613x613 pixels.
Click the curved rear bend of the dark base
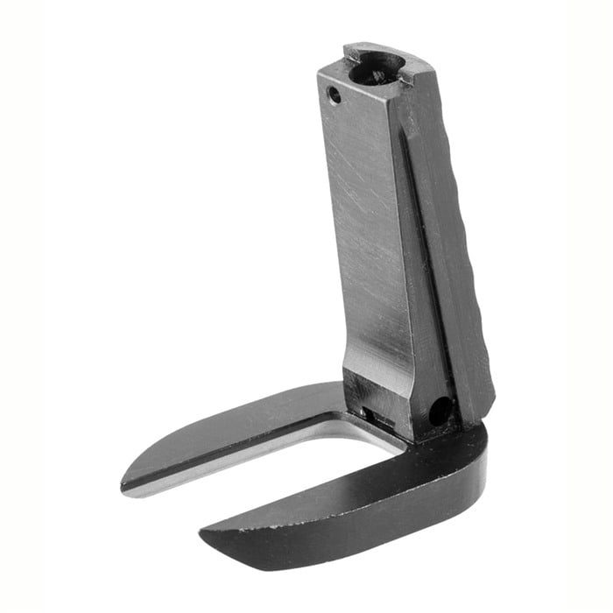pyautogui.click(x=469, y=455)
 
